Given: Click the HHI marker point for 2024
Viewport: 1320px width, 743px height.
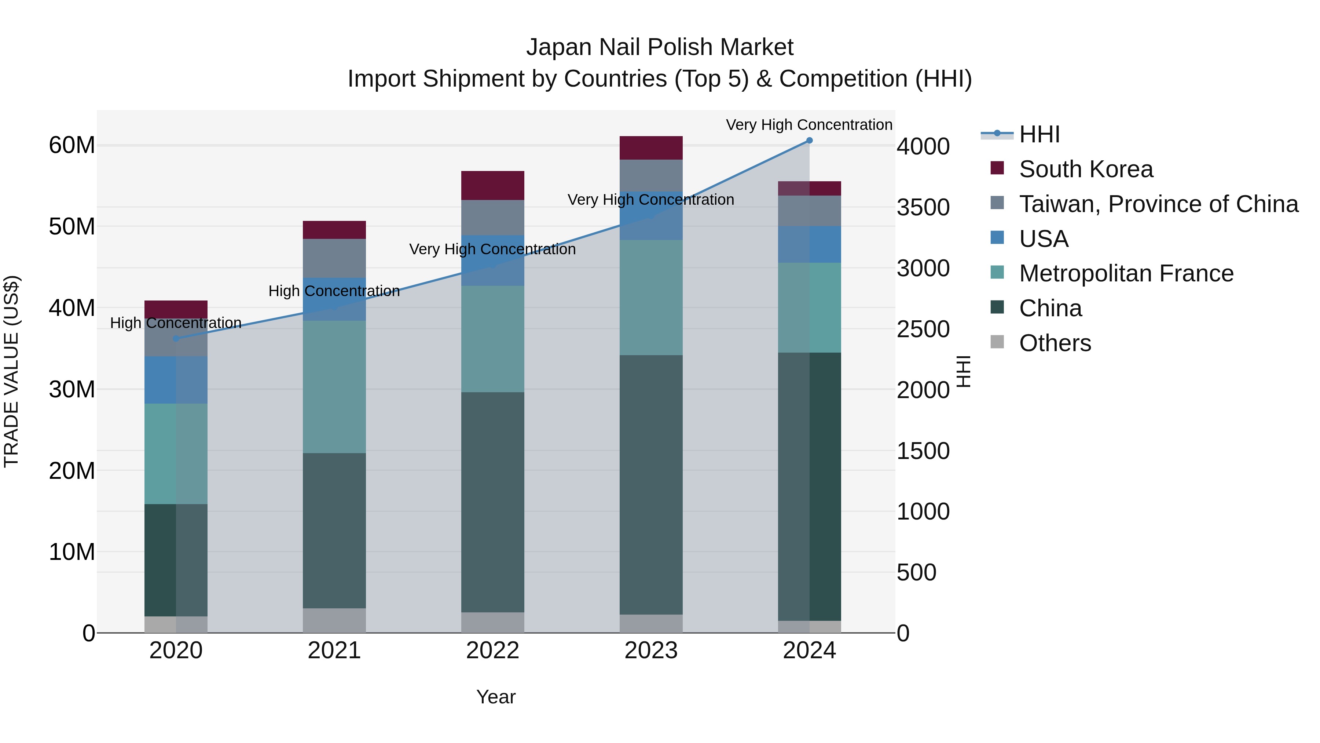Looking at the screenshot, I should click(x=809, y=141).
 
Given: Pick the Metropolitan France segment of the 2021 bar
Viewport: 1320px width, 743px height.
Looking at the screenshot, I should click(x=334, y=387).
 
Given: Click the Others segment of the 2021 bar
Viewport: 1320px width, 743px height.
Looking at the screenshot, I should click(x=334, y=620).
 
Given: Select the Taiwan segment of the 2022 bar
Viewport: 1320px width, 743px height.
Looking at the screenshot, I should click(x=492, y=218).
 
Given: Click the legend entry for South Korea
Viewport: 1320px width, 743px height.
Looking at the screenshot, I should click(x=1085, y=169).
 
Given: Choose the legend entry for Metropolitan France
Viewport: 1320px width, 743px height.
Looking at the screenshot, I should click(x=1126, y=273).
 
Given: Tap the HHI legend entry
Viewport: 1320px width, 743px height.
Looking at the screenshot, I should click(x=1039, y=134).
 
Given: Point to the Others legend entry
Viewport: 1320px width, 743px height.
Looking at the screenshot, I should click(x=1055, y=343).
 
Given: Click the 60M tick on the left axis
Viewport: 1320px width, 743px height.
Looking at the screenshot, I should click(x=72, y=145).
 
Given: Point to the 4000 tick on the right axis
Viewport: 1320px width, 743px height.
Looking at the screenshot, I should click(x=923, y=147).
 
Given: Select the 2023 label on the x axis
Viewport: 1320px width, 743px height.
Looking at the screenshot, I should click(x=651, y=651).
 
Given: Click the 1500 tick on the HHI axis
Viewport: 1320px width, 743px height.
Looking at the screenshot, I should click(x=923, y=451).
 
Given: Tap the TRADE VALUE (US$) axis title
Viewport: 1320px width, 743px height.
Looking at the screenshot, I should click(x=11, y=371).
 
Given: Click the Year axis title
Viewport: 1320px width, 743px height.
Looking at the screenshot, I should click(x=495, y=697).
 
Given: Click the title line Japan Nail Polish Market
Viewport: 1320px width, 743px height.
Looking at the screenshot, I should click(x=660, y=47).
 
